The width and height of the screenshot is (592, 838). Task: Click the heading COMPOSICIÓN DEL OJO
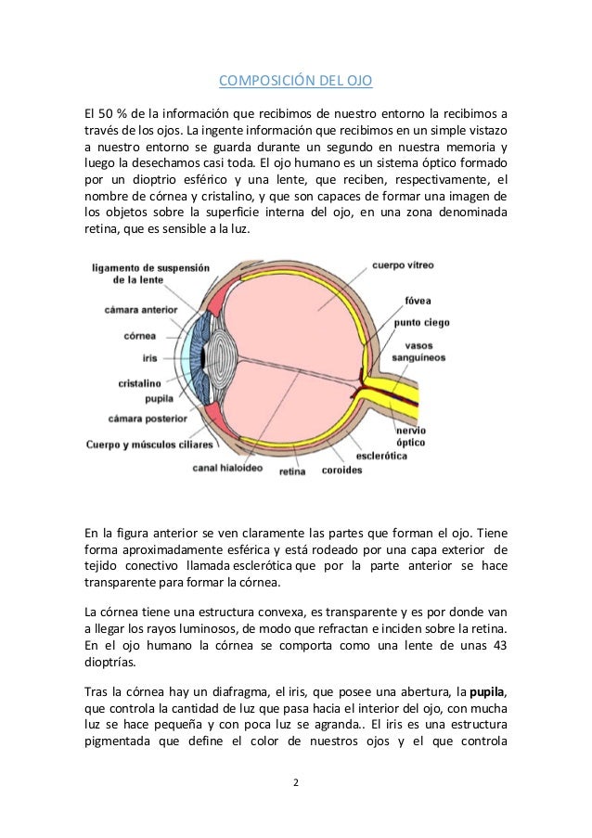pos(295,81)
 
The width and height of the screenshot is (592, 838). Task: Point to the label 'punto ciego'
pos(422,323)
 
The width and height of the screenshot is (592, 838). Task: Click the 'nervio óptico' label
pos(411,436)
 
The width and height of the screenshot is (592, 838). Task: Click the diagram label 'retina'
pos(291,471)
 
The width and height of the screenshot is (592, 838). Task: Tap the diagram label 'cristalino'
pos(141,381)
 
